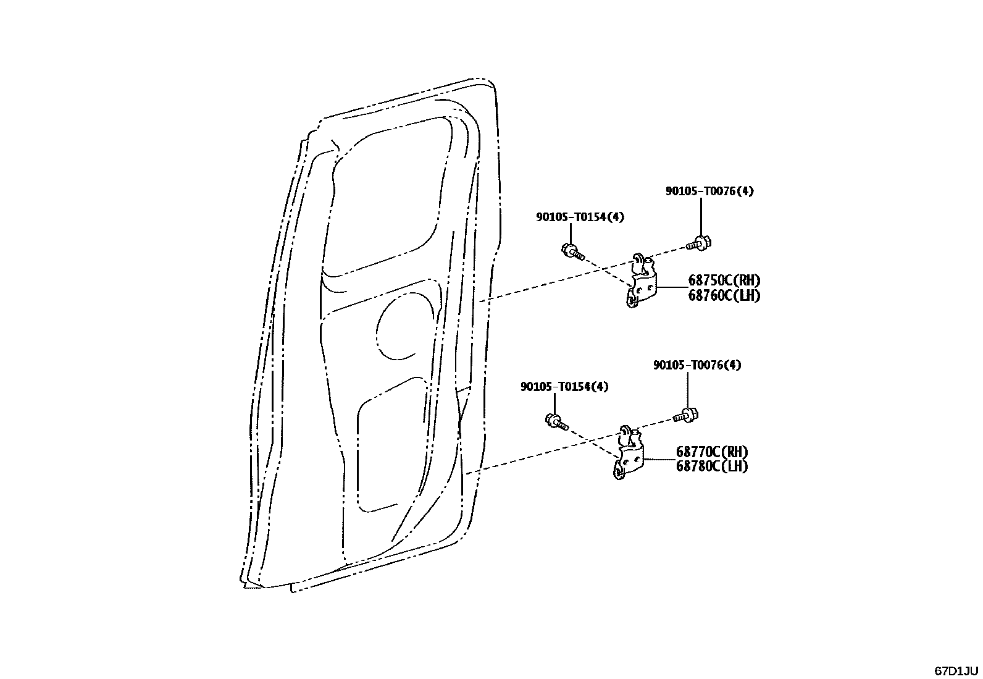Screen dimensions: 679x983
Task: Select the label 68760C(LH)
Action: click(724, 296)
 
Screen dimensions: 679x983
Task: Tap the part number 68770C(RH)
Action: click(711, 452)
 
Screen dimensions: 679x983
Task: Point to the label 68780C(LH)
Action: click(711, 466)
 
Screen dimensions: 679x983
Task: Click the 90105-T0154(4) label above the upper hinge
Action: click(580, 217)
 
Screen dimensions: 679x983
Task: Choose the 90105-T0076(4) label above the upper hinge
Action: click(709, 192)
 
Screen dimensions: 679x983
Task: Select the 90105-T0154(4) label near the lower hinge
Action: click(564, 387)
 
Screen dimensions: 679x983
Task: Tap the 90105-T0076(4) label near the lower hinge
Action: click(697, 365)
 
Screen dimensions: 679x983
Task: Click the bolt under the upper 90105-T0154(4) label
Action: click(572, 251)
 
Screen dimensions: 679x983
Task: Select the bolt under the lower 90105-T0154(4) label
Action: click(556, 421)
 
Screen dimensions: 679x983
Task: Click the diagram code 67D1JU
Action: click(956, 670)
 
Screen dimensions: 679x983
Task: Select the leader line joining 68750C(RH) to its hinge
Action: click(671, 288)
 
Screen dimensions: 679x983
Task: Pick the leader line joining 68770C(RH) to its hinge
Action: click(659, 460)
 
